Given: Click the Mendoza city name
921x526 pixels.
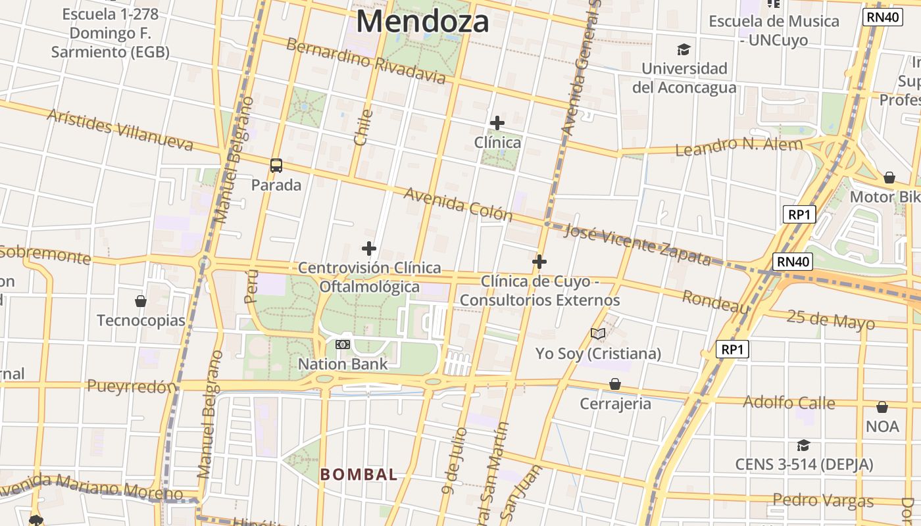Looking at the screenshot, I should (x=422, y=21).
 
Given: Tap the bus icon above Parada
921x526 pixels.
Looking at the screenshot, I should (x=276, y=165).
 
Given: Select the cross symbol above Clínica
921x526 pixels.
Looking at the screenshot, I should (x=497, y=123).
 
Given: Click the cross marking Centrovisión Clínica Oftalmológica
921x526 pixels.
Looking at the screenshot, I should (x=369, y=249).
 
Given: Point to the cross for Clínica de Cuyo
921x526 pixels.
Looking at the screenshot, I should (x=539, y=262).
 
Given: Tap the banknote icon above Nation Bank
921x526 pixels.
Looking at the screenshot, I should (x=342, y=345).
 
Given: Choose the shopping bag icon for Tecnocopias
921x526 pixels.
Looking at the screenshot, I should (x=141, y=301).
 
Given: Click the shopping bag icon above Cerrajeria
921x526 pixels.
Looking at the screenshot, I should (x=615, y=384).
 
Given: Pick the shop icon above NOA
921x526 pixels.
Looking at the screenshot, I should (x=882, y=407).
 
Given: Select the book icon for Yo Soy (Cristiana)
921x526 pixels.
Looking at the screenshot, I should (x=598, y=334).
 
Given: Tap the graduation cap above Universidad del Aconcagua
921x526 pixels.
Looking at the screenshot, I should (x=684, y=49).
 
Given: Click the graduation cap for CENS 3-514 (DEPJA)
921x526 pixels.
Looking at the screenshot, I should (x=803, y=445).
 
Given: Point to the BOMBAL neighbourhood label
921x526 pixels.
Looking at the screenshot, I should (x=359, y=474).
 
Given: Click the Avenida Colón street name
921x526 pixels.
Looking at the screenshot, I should (x=458, y=204).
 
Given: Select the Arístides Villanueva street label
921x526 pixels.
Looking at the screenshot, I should (x=120, y=130).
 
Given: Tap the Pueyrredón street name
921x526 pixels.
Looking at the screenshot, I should (x=132, y=387).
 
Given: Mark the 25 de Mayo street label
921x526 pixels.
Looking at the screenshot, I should (x=831, y=320).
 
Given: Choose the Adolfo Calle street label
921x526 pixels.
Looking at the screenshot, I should (x=789, y=402).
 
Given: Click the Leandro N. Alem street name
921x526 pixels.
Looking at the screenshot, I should (x=739, y=146).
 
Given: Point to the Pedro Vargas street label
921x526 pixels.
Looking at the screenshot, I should (x=823, y=501).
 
